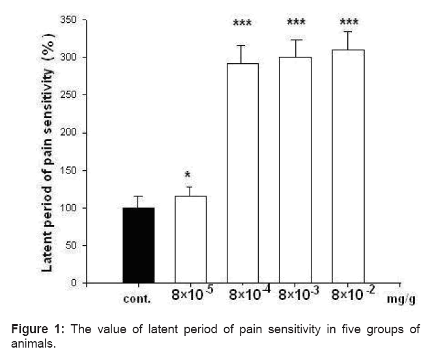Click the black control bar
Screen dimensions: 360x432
coord(139,245)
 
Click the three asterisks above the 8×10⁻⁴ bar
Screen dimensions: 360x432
coord(243,25)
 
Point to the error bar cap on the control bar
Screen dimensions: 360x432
coord(139,196)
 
